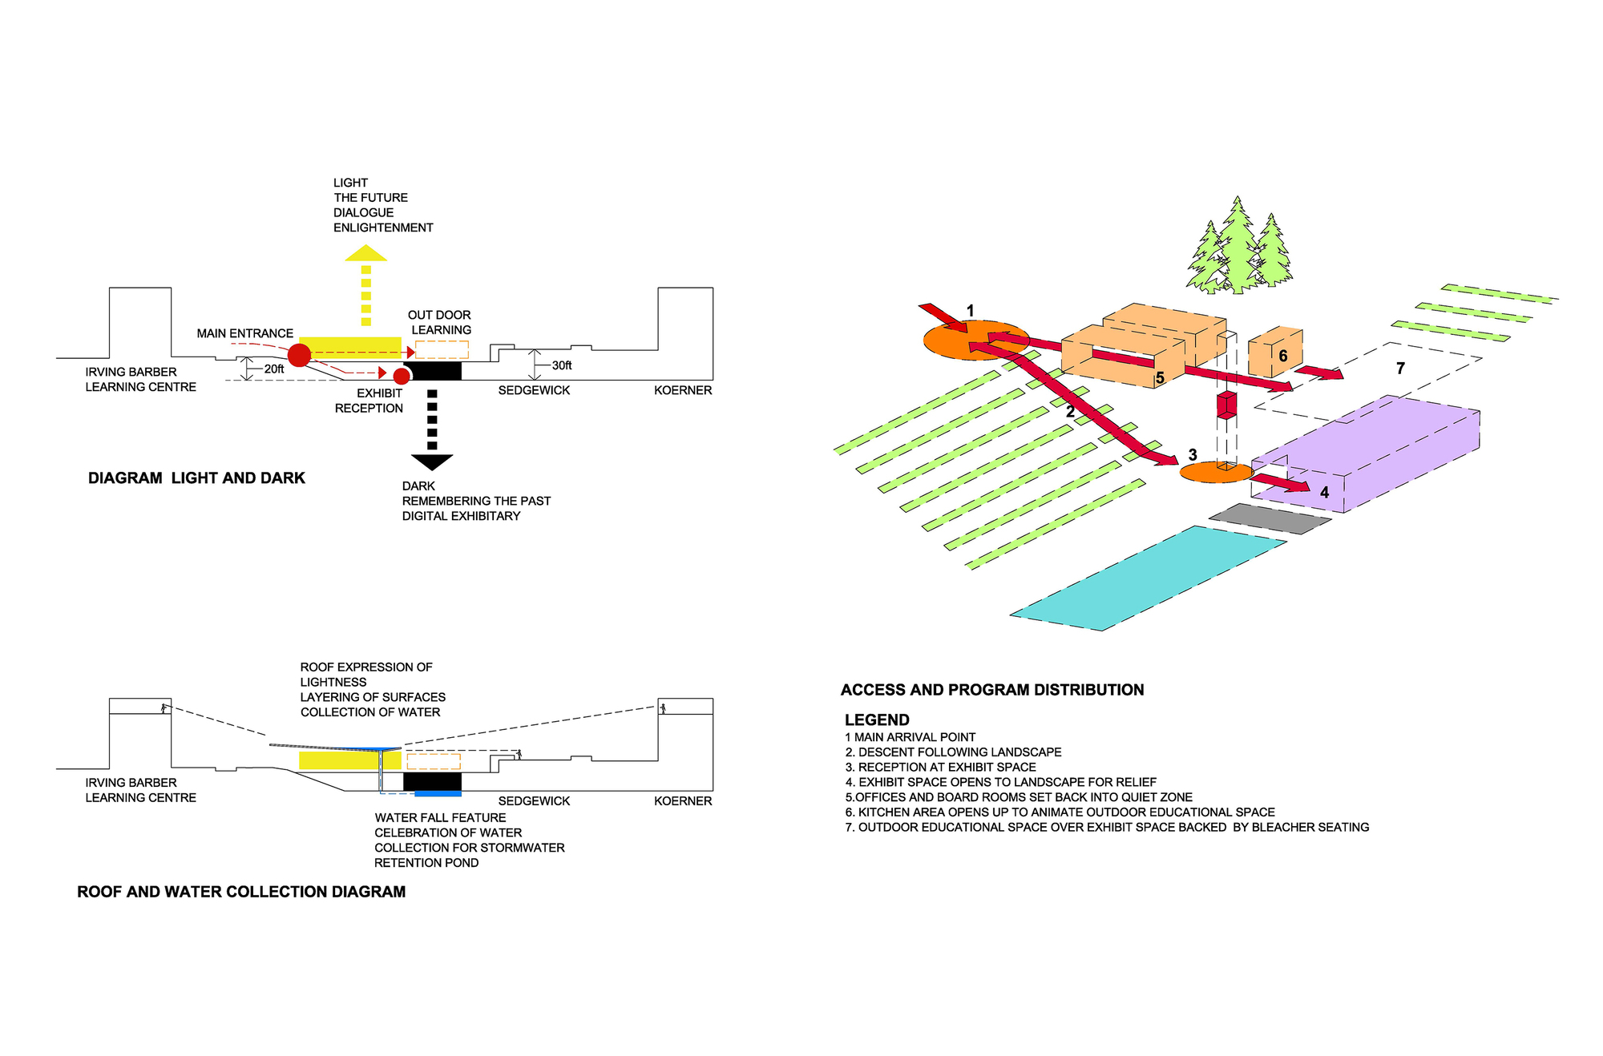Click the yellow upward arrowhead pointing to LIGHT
366,253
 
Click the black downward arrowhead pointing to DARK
432,462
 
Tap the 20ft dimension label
274,369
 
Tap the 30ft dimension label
562,365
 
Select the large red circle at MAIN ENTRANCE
299,355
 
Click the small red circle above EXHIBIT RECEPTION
402,376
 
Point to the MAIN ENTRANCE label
245,333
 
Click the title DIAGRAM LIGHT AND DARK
196,478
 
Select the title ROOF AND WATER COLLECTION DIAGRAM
241,892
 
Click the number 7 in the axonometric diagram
1400,369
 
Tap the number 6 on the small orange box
1282,356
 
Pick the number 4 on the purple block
1324,492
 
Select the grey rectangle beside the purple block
1269,518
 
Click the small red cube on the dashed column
1226,405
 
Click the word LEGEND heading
877,719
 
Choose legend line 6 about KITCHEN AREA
1060,812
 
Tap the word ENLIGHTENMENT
383,228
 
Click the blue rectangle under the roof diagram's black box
438,793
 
